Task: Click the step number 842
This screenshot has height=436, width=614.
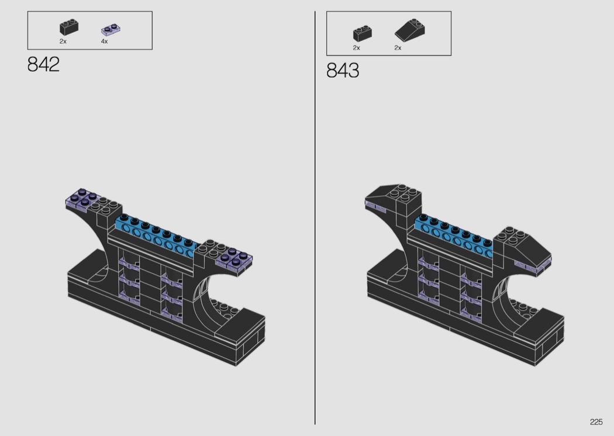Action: [x=43, y=64]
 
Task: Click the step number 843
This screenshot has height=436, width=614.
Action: [x=343, y=71]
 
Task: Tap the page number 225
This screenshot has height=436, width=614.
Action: [x=596, y=422]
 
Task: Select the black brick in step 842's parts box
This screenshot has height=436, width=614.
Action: [x=69, y=27]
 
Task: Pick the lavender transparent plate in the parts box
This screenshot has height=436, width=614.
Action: [x=111, y=30]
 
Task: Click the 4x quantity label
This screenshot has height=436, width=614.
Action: [x=104, y=41]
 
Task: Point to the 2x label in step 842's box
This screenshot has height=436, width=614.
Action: [x=63, y=41]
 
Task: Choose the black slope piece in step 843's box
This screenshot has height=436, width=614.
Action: [x=409, y=30]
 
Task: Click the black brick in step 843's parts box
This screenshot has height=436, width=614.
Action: [x=362, y=34]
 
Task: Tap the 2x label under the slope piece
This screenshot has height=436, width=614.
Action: [x=398, y=48]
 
